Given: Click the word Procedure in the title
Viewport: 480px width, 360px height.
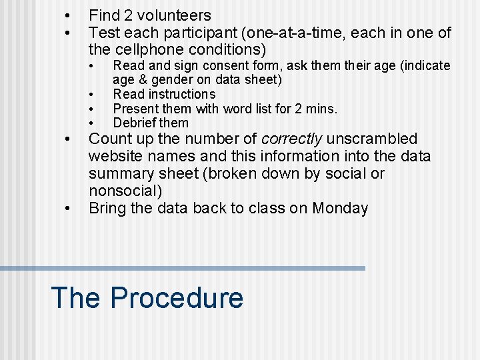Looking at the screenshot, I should [177, 297].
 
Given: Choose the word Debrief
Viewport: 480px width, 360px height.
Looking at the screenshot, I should [135, 123].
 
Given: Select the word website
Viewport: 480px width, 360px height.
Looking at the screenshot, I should [115, 157].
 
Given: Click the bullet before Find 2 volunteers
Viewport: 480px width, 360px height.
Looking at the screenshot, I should [66, 15].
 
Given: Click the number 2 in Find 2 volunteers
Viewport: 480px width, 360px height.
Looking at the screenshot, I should [121, 15].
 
